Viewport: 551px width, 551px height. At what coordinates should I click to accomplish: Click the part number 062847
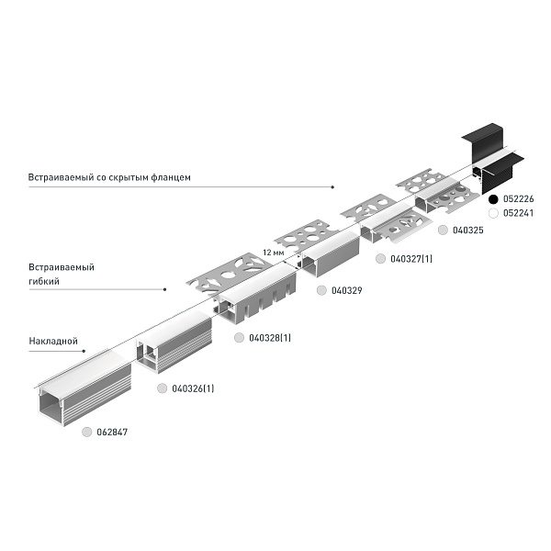pyautogui.click(x=112, y=432)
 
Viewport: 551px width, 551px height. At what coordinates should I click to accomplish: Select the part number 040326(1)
pyautogui.click(x=193, y=388)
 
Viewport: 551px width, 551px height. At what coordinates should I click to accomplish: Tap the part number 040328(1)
pyautogui.click(x=270, y=338)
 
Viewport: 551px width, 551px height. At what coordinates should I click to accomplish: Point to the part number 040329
pyautogui.click(x=347, y=290)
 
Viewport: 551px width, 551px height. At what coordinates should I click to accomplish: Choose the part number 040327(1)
pyautogui.click(x=411, y=259)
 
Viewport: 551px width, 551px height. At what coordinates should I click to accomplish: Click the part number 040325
pyautogui.click(x=468, y=231)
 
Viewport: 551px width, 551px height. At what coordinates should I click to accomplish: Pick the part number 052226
pyautogui.click(x=518, y=199)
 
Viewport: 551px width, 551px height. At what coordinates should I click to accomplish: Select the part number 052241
pyautogui.click(x=518, y=213)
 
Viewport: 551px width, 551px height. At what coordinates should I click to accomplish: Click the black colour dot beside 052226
pyautogui.click(x=493, y=199)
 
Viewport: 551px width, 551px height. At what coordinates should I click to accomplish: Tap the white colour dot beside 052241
pyautogui.click(x=493, y=213)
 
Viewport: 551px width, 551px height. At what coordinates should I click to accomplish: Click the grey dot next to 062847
pyautogui.click(x=86, y=432)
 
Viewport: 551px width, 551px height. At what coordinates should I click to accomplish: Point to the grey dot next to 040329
pyautogui.click(x=321, y=290)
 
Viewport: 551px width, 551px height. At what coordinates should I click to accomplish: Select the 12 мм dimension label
pyautogui.click(x=274, y=253)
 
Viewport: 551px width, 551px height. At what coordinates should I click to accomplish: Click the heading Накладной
pyautogui.click(x=53, y=341)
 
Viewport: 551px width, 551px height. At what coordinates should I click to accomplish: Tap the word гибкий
pyautogui.click(x=44, y=281)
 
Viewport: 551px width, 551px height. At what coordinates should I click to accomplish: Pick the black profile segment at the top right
pyautogui.click(x=492, y=157)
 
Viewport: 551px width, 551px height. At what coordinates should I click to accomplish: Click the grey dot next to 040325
pyautogui.click(x=443, y=231)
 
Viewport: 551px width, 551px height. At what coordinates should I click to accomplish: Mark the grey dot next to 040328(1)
pyautogui.click(x=239, y=338)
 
